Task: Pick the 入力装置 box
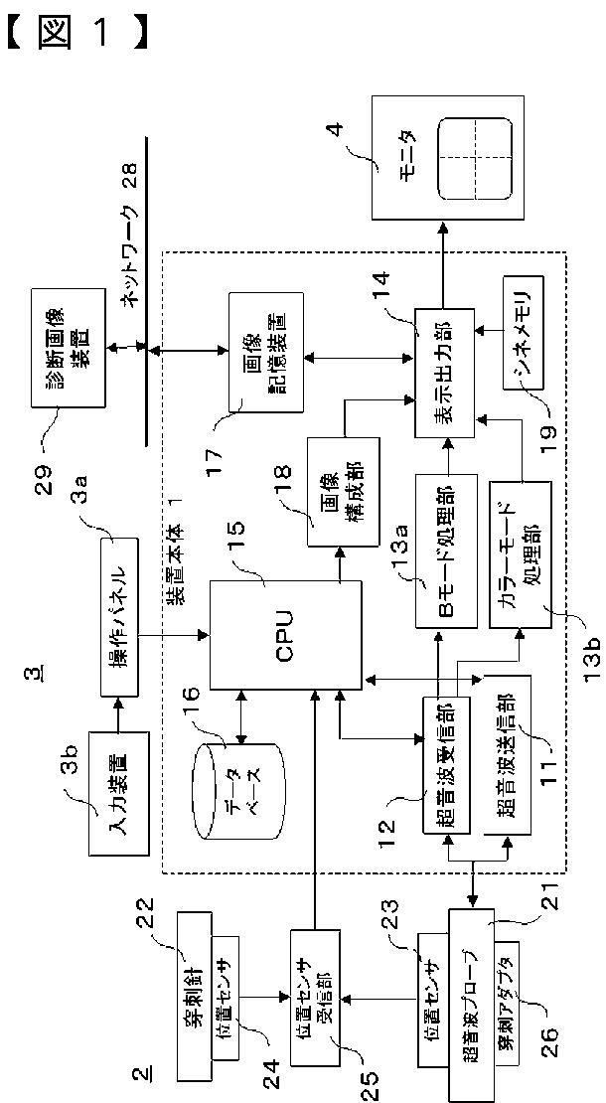pos(117,792)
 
